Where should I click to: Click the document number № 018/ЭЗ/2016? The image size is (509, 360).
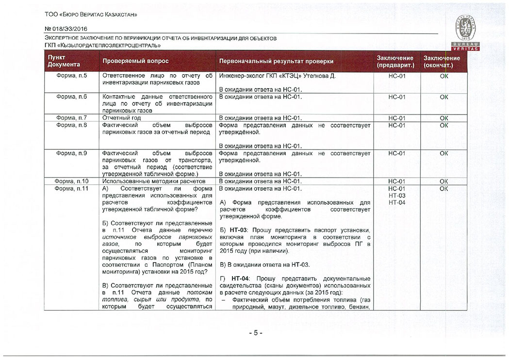63,29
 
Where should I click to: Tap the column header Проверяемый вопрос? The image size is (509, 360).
135,62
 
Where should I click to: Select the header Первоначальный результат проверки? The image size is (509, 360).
276,62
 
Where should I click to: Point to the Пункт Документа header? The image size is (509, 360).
64,61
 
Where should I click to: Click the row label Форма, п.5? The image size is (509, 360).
72,76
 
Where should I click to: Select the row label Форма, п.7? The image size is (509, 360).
72,118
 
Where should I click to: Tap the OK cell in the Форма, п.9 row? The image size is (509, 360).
443,154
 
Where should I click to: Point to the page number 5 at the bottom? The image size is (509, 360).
255,333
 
